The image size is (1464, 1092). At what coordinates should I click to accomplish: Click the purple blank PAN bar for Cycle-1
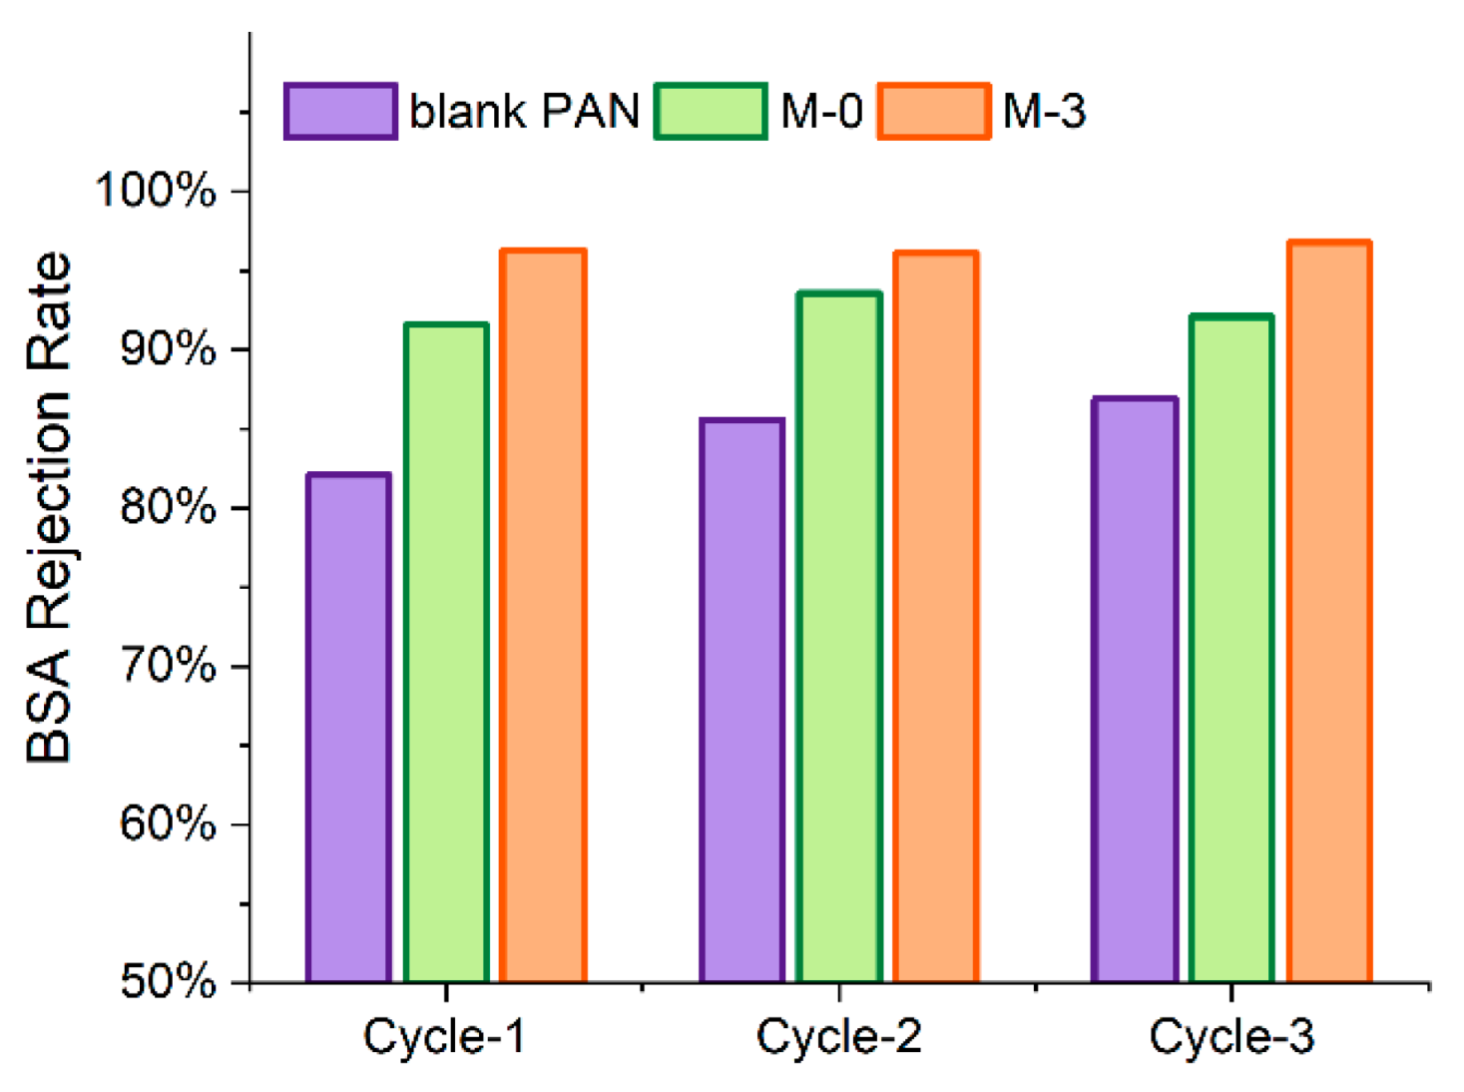[348, 728]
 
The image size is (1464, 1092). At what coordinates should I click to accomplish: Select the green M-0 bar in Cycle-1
[446, 653]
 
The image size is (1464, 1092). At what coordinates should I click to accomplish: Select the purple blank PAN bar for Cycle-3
[1135, 690]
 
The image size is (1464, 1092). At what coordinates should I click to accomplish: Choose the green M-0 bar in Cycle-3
[1231, 649]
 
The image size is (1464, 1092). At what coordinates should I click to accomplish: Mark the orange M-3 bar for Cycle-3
[1329, 612]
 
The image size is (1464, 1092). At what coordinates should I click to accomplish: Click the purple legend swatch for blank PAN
[340, 111]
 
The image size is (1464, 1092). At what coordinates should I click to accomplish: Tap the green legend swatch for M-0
[711, 111]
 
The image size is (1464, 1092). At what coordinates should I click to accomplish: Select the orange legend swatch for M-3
[934, 111]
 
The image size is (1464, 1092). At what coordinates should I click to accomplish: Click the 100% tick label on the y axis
[156, 190]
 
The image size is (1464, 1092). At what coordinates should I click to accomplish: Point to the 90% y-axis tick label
[167, 349]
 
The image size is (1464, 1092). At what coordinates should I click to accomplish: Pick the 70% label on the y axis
[167, 666]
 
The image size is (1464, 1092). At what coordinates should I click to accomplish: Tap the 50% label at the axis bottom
[167, 982]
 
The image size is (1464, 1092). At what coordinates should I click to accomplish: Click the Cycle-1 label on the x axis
[444, 1037]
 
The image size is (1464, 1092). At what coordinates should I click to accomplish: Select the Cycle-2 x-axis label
[838, 1037]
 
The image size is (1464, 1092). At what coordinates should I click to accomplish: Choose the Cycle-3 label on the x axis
[1231, 1037]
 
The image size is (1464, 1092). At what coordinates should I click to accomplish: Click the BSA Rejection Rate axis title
[50, 508]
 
